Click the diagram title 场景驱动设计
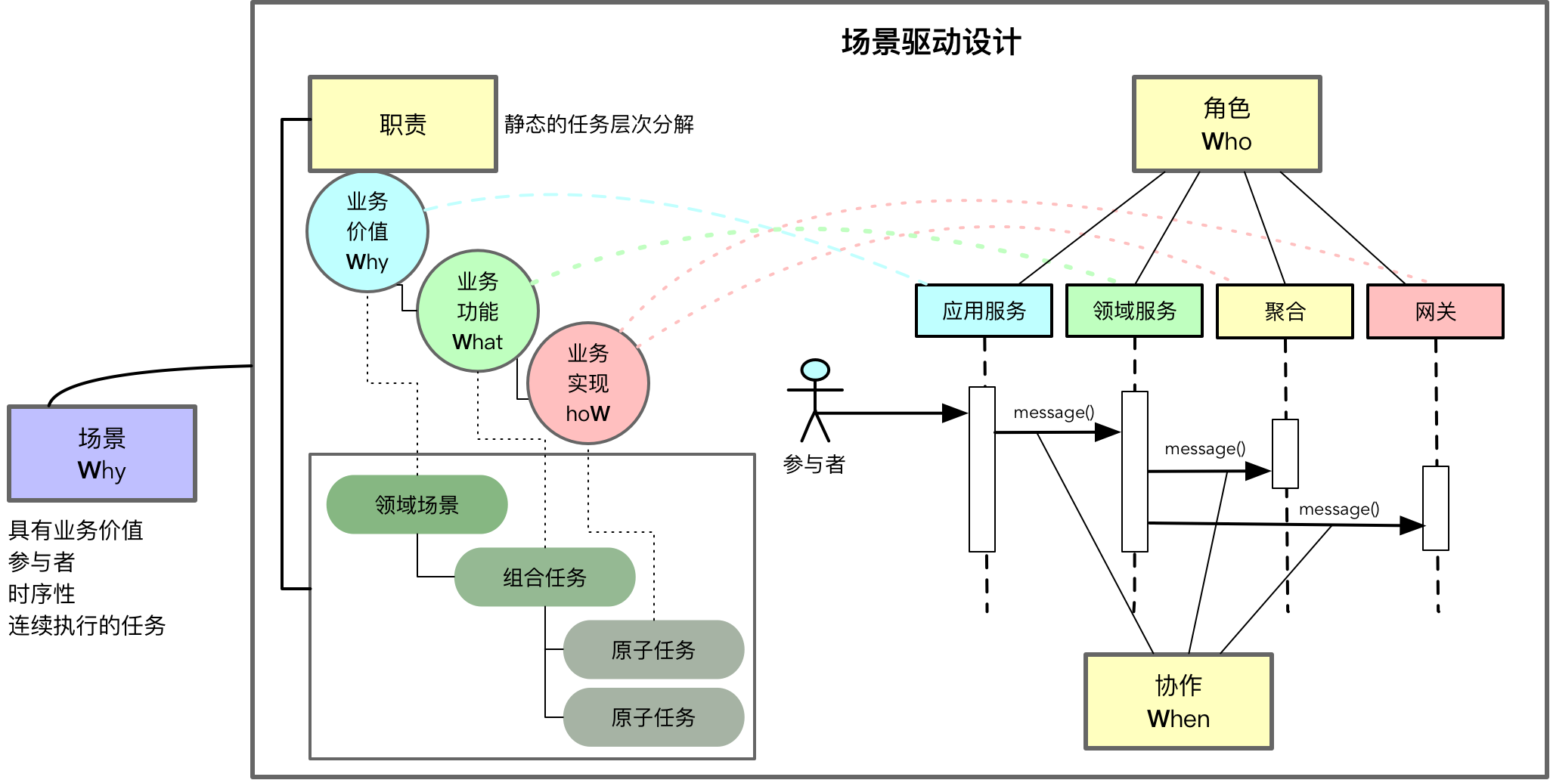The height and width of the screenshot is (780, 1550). (x=931, y=42)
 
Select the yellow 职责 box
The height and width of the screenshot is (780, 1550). (x=403, y=124)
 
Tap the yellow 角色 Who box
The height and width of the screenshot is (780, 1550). (x=1226, y=125)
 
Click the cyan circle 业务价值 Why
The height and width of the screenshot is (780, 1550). (x=367, y=231)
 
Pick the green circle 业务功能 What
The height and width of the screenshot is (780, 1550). (x=477, y=311)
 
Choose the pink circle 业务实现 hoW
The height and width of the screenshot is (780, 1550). (x=587, y=383)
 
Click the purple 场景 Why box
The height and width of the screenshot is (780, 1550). (x=102, y=453)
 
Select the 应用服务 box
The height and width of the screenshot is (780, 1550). (x=984, y=311)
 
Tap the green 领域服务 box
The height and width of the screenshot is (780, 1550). (x=1134, y=311)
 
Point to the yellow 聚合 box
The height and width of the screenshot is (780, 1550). (x=1285, y=311)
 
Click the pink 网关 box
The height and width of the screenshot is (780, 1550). (x=1435, y=311)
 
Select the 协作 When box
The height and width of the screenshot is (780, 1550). (x=1178, y=701)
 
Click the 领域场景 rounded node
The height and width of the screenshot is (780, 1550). (x=417, y=504)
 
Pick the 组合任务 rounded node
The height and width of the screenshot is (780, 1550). (x=544, y=577)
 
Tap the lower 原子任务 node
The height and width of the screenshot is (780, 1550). (x=653, y=717)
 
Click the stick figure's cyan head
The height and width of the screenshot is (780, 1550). (x=815, y=370)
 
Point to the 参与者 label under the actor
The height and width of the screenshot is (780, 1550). (x=814, y=464)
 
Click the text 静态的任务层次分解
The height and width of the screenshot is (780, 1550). (x=599, y=124)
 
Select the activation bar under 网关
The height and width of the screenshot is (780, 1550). (x=1435, y=508)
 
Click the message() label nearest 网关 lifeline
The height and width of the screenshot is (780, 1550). (x=1338, y=509)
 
